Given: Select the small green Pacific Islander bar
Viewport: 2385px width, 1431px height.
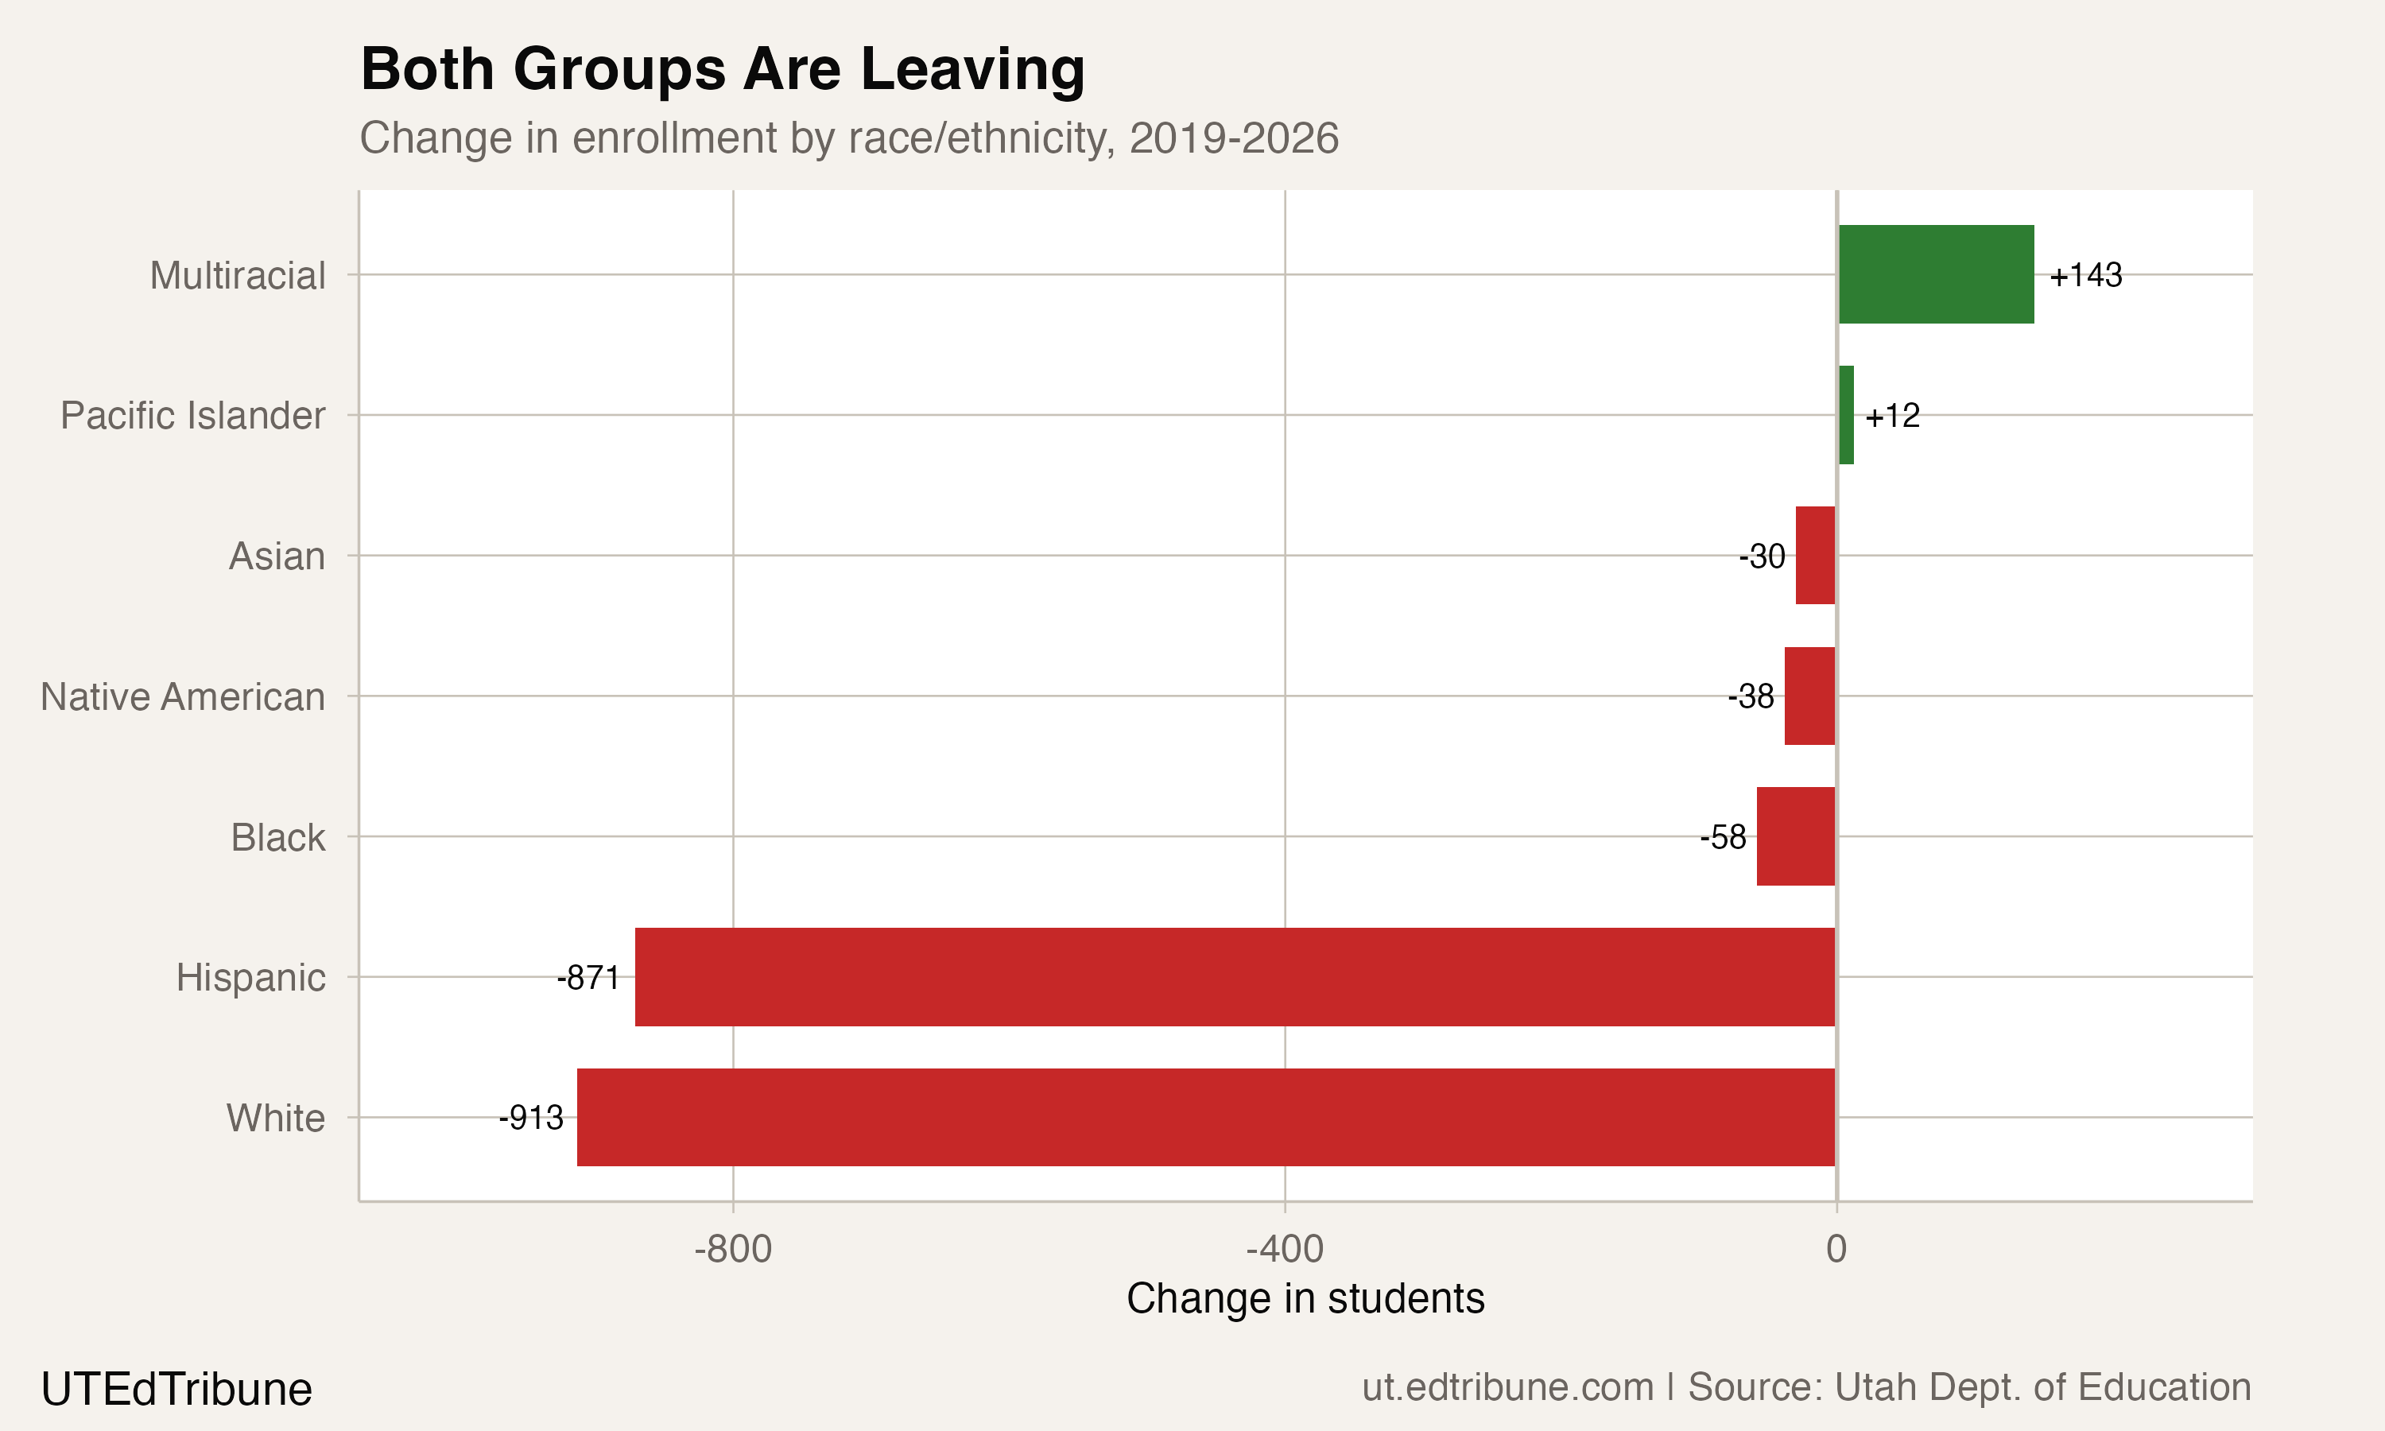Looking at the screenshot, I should point(1846,415).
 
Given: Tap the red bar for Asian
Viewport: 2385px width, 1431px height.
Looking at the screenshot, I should point(1815,556).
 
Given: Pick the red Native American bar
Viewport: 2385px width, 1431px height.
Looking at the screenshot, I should point(1809,696).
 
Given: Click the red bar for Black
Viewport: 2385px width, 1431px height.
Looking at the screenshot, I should point(1795,836).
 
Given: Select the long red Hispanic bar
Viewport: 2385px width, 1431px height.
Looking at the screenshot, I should point(1234,977).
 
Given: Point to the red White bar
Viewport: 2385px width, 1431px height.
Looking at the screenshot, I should point(1205,1117).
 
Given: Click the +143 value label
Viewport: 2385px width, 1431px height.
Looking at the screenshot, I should point(2085,276).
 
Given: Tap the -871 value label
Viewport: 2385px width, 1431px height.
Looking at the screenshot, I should point(588,978).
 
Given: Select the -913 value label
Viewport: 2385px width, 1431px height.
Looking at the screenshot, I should point(531,1118).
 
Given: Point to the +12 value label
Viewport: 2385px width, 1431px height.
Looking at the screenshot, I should point(1891,416).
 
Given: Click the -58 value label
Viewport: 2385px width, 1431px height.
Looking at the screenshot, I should point(1723,837).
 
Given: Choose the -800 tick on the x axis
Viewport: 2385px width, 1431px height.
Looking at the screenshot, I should point(733,1250).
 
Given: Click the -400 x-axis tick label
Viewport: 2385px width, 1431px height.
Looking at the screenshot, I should point(1284,1250).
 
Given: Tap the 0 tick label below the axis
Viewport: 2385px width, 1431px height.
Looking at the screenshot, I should point(1836,1250).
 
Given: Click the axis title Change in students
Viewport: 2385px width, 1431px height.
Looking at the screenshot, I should point(1305,1299).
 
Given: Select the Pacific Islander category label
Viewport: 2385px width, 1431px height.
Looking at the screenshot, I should point(193,416).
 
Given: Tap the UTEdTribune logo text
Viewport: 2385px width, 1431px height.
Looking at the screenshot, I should point(176,1390).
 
